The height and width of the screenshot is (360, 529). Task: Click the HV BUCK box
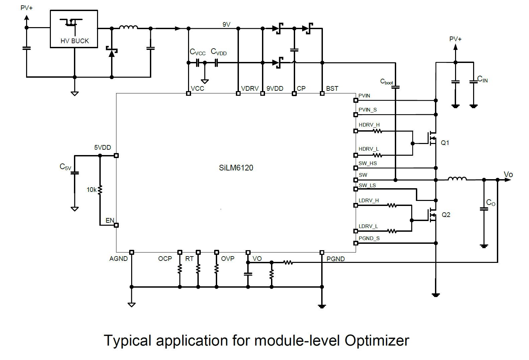coord(74,29)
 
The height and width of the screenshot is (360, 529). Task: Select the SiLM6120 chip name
coord(236,168)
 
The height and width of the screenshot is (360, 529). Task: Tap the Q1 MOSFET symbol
coord(432,138)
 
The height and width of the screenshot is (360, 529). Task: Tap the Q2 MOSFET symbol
coord(432,215)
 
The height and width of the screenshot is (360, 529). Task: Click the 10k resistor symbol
coord(100,190)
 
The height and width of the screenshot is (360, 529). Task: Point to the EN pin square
coord(116,225)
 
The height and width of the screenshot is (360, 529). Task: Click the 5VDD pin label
coord(102,147)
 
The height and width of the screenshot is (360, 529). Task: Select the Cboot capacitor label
coord(386,82)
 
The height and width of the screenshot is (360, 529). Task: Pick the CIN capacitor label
coord(482,79)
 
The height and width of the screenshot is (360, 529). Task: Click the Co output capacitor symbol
coord(484,209)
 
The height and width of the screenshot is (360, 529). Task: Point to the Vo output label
coord(508,174)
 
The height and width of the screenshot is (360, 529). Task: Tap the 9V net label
coord(227,24)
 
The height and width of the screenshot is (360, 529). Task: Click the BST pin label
coord(332,88)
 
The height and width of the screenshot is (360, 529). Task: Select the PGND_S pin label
coord(369,238)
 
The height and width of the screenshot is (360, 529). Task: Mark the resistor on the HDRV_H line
coord(377,131)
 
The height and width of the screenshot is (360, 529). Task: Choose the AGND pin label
coord(118,259)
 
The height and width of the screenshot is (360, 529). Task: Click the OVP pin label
coord(228,259)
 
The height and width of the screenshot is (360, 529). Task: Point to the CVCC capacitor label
coord(197,52)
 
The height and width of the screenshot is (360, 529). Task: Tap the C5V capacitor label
coord(65,167)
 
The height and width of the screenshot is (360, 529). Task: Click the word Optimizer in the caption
coord(377,341)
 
